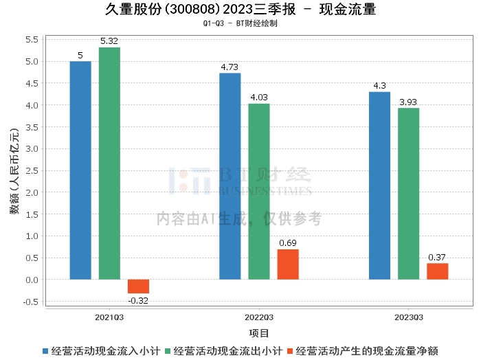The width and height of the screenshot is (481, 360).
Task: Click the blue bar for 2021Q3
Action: point(80,170)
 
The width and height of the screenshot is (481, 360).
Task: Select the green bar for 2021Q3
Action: point(109,164)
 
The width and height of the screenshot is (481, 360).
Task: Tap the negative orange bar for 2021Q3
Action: point(138,286)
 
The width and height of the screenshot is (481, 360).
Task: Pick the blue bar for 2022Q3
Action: point(230,177)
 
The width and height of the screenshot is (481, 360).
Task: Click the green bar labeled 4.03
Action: point(259,192)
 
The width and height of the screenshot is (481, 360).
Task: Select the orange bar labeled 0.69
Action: point(288,265)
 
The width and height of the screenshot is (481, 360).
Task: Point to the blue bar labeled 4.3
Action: point(379,185)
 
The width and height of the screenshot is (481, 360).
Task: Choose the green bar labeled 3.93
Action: point(409,194)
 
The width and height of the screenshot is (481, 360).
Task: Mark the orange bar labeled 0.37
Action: point(438,271)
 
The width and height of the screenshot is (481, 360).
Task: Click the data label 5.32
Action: point(109,41)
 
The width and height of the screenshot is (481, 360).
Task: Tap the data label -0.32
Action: point(138,300)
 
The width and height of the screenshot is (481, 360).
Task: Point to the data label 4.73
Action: point(230,67)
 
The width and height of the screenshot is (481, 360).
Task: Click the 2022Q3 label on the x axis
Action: point(259,317)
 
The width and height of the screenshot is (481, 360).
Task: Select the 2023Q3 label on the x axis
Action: point(409,317)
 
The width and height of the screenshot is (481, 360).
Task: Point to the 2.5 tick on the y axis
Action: point(32,171)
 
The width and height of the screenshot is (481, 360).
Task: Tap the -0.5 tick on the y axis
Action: point(31,302)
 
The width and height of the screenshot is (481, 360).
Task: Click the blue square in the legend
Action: point(45,351)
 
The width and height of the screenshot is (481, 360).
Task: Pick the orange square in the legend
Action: point(290,351)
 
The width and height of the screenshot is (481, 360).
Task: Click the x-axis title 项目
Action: point(259,333)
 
